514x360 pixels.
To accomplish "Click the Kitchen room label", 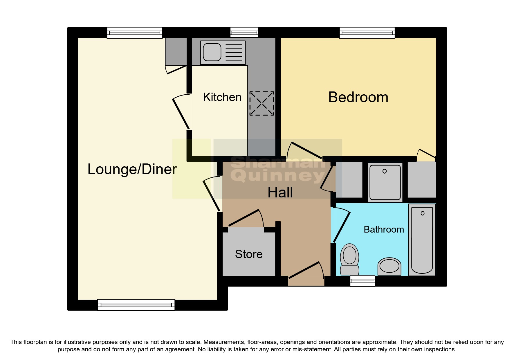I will point(222,97).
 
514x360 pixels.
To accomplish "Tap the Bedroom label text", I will point(358,97).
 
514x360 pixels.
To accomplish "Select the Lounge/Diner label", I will point(132,169).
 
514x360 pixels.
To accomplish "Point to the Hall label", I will point(280,192).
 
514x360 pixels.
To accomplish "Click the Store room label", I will point(249,254).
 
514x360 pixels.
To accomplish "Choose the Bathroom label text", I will point(384,229).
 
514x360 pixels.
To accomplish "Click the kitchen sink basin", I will point(212,52).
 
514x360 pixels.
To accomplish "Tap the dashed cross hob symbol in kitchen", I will point(261,103).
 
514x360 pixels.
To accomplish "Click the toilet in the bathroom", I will point(349,258).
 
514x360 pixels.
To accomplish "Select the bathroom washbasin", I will point(389,266).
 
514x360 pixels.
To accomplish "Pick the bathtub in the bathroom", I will point(422,240).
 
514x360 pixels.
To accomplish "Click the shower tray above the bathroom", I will point(385,182).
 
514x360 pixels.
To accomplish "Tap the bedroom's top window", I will point(367,33).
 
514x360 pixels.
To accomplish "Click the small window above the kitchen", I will point(244,32).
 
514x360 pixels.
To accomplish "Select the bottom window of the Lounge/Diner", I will point(136,305).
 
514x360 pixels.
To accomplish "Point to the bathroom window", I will point(362,281).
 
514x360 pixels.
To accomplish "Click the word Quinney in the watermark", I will point(279,176).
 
